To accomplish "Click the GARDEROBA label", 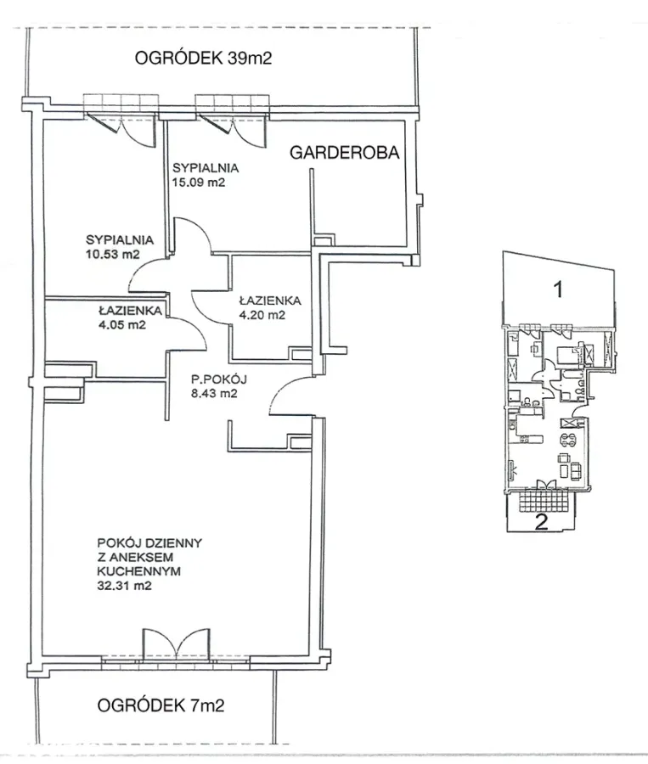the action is (x=344, y=153).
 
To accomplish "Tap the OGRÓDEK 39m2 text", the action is (x=203, y=58).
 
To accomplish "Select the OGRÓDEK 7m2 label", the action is (x=161, y=705).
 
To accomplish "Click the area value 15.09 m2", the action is (x=199, y=183).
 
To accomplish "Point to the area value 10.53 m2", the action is (x=113, y=254).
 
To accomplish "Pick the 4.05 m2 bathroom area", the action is (x=122, y=324).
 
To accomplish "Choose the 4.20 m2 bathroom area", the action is (x=262, y=315).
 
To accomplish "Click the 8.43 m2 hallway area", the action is (x=214, y=394).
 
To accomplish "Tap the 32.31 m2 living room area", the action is (x=124, y=586).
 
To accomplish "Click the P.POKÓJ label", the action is (x=219, y=379).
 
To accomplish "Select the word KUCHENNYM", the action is (x=139, y=571).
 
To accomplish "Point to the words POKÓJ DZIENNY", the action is (x=149, y=542).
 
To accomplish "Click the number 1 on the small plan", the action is (x=559, y=289).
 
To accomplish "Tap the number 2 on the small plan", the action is (x=541, y=522).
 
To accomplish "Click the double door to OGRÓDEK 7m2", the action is (x=177, y=644).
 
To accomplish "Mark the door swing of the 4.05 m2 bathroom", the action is (x=187, y=334).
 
